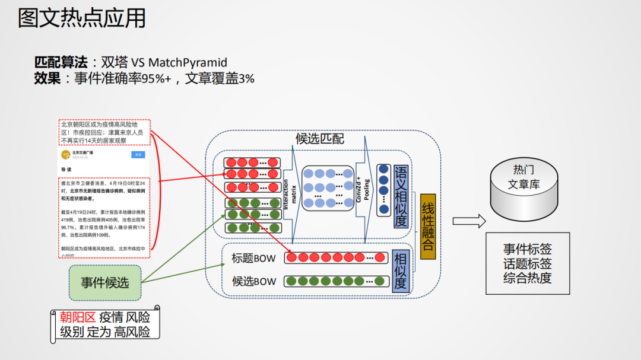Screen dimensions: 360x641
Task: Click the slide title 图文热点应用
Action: [x=82, y=18]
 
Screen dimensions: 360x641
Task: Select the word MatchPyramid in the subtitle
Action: [x=188, y=63]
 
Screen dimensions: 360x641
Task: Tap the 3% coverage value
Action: [x=246, y=78]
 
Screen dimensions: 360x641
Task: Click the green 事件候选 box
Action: [x=105, y=282]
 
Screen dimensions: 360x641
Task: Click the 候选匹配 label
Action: [x=320, y=139]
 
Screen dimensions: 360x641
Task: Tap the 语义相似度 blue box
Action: [x=401, y=196]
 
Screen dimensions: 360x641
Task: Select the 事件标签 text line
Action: [x=527, y=250]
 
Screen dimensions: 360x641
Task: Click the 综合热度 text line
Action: [x=527, y=278]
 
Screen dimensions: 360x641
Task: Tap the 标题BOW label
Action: [x=253, y=258]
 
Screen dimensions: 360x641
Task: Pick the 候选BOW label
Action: [x=253, y=281]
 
